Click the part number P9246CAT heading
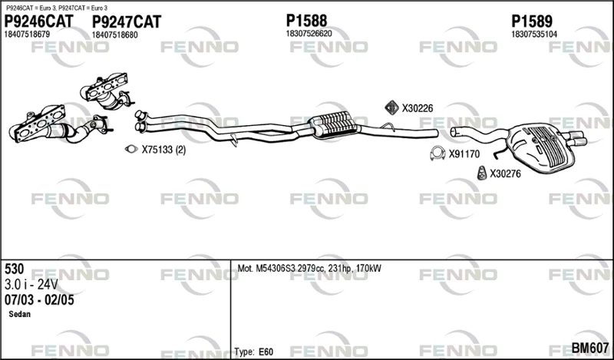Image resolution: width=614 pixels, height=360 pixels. (38, 21)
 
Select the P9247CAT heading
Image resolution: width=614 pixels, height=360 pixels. (127, 22)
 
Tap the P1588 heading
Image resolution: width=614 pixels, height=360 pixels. (306, 21)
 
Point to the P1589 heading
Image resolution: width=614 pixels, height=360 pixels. (532, 21)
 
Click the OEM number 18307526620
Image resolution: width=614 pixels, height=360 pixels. (309, 34)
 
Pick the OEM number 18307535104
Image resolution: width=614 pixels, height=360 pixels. (534, 35)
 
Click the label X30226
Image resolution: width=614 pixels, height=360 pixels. (418, 108)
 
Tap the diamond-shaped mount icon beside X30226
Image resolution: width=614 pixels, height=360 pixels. (391, 107)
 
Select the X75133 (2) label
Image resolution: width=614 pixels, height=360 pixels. (163, 150)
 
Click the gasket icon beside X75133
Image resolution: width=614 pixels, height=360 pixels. (131, 149)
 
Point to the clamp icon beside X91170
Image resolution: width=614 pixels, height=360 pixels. (437, 154)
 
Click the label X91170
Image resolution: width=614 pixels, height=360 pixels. (464, 154)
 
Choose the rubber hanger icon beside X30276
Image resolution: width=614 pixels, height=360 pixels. (482, 173)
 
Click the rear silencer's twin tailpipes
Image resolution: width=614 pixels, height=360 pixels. (575, 138)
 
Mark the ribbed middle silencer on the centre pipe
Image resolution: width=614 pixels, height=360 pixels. (334, 124)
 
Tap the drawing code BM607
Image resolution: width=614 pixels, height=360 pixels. (590, 348)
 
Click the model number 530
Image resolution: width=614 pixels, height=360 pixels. (14, 269)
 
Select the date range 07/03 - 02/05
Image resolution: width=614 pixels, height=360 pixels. (39, 300)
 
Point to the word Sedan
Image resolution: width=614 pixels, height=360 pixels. (20, 314)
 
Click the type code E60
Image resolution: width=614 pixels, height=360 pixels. (266, 352)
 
